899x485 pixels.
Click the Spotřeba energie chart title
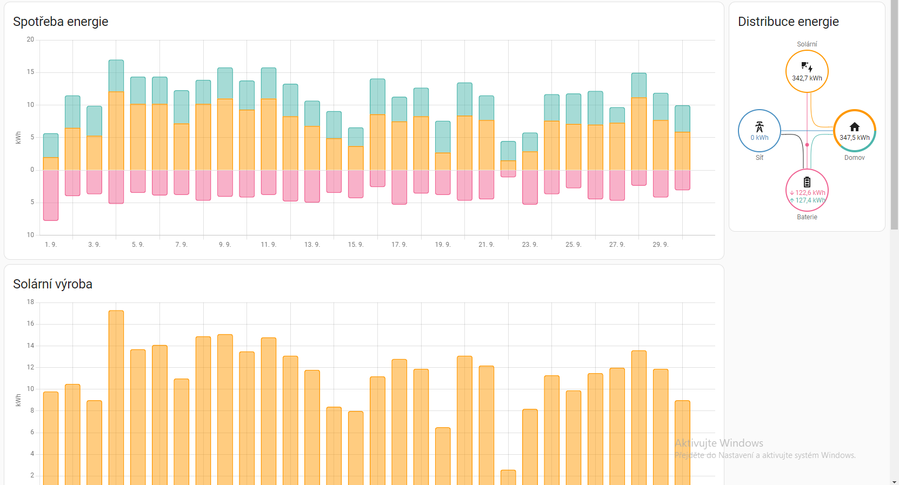[x=61, y=22]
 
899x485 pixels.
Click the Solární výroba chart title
[x=52, y=284]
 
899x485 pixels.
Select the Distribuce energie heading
[x=788, y=22]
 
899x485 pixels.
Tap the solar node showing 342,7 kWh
[x=807, y=71]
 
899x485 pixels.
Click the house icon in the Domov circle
[x=854, y=127]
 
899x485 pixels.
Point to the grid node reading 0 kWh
[x=759, y=131]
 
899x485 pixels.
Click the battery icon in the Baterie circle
[x=807, y=182]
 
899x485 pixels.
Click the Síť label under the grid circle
[x=759, y=158]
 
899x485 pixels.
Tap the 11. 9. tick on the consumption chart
[x=268, y=245]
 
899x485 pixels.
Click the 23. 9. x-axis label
[x=529, y=245]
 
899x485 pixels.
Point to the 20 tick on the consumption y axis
[x=30, y=39]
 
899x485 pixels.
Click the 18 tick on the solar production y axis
[x=30, y=302]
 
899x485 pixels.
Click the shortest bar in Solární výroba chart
[x=508, y=477]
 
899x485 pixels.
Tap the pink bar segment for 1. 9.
[x=51, y=195]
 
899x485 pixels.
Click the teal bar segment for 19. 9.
[x=443, y=137]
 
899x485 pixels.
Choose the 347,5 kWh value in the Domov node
[x=854, y=138]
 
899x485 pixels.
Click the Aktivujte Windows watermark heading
[x=719, y=443]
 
